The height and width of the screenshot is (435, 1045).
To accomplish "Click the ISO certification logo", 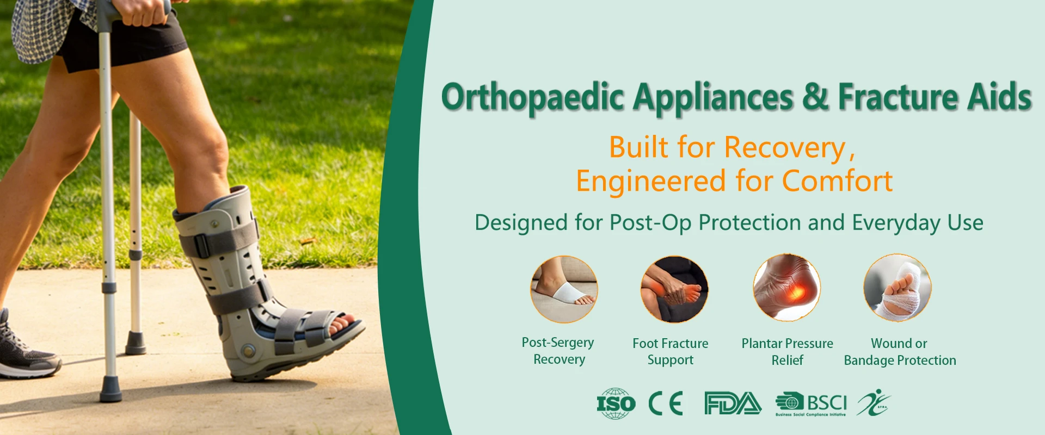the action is pyautogui.click(x=616, y=403).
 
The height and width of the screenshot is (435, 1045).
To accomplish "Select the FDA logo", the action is pyautogui.click(x=733, y=403).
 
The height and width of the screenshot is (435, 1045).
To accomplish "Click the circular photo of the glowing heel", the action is pyautogui.click(x=786, y=288).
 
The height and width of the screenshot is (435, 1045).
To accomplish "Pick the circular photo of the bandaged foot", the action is pyautogui.click(x=898, y=288).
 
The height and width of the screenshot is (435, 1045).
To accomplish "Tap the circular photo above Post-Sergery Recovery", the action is pyautogui.click(x=564, y=289).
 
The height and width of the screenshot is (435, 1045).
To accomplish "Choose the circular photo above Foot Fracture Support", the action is pyautogui.click(x=674, y=289).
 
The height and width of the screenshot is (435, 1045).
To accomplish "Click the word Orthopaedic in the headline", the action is pyautogui.click(x=532, y=98).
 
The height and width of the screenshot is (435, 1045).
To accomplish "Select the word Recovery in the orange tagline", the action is pyautogui.click(x=785, y=148).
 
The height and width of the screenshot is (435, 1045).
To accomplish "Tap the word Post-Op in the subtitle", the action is pyautogui.click(x=651, y=223).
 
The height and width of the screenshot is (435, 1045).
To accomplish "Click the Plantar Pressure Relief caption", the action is pyautogui.click(x=787, y=352).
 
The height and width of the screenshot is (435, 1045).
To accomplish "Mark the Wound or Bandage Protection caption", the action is pyautogui.click(x=900, y=352).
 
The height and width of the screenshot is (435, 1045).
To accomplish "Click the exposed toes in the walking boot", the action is pyautogui.click(x=342, y=322).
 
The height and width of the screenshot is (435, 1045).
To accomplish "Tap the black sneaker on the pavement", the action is pyautogui.click(x=24, y=348).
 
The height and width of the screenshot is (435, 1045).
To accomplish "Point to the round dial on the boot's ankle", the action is pyautogui.click(x=248, y=350).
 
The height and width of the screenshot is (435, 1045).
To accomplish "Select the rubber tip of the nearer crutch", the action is pyautogui.click(x=110, y=389).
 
